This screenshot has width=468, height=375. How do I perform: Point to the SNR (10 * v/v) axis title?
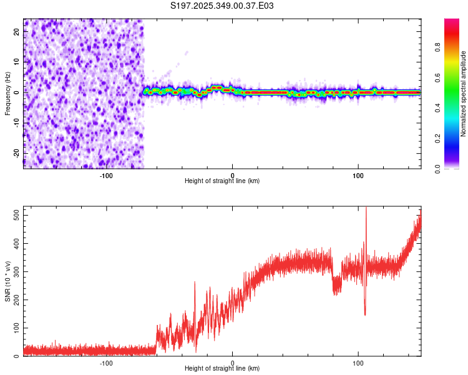7,281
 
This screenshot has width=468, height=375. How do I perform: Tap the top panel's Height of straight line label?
222,181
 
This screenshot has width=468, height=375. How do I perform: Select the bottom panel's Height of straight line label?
222,369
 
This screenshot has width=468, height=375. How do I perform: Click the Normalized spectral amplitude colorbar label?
463,94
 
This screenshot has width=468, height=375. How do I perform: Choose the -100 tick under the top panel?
106,176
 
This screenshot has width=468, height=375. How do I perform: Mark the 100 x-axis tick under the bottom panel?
358,363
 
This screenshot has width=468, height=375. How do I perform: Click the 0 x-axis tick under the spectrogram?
232,176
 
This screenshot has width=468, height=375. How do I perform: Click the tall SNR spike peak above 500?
366,209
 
